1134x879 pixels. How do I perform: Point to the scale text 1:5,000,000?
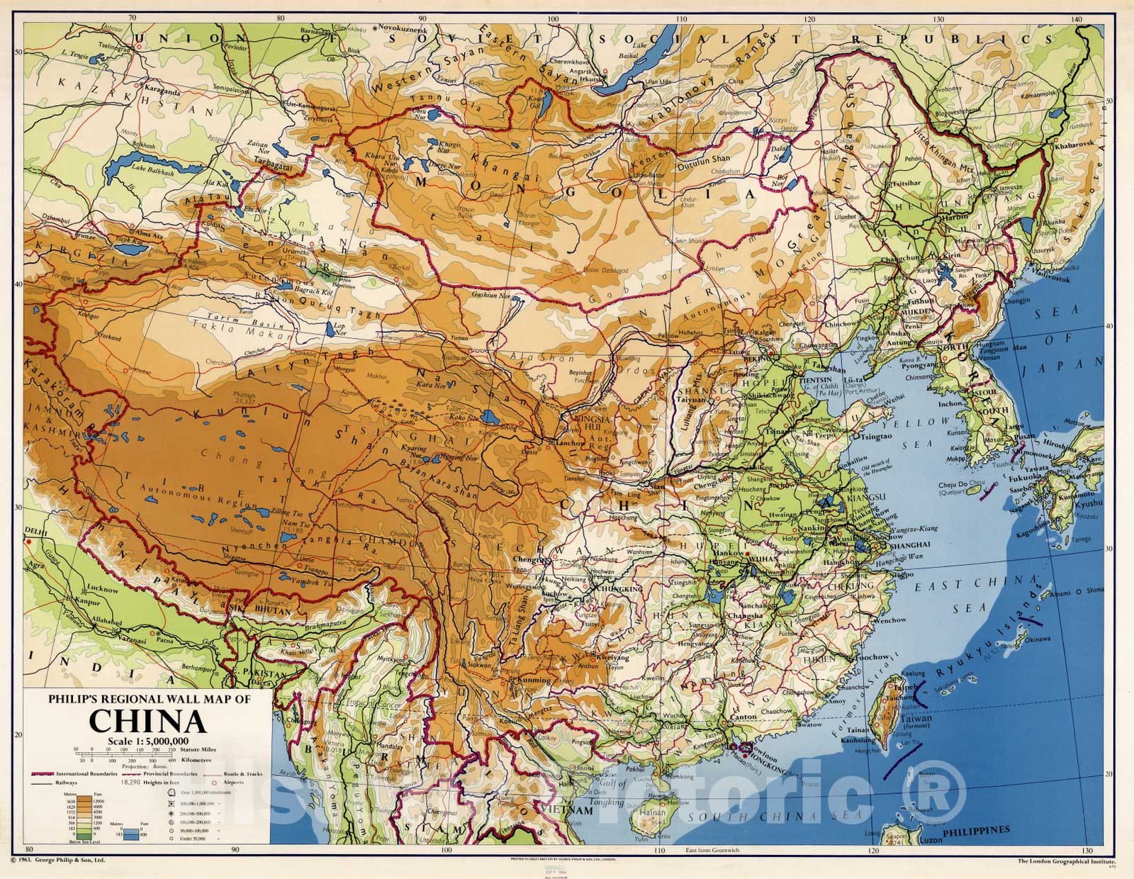(x=147, y=741)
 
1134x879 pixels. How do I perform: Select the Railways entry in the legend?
(x=52, y=784)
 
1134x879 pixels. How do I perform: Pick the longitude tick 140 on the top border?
(x=1077, y=20)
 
